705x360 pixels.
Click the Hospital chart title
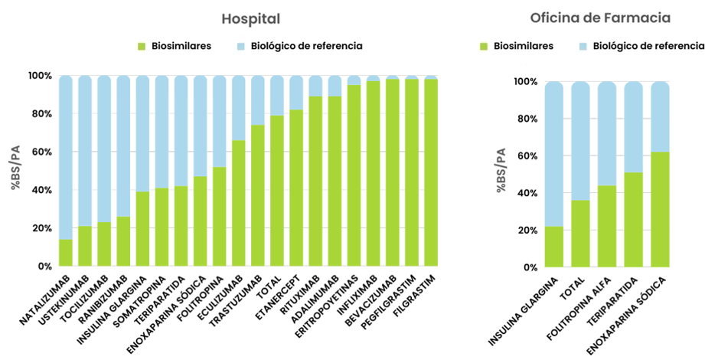(251, 18)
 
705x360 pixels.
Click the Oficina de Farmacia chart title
(600, 17)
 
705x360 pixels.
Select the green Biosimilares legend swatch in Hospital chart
(142, 46)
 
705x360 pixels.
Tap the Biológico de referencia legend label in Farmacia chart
(648, 46)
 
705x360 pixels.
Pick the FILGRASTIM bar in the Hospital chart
(430, 172)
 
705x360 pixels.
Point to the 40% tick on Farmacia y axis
(527, 193)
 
